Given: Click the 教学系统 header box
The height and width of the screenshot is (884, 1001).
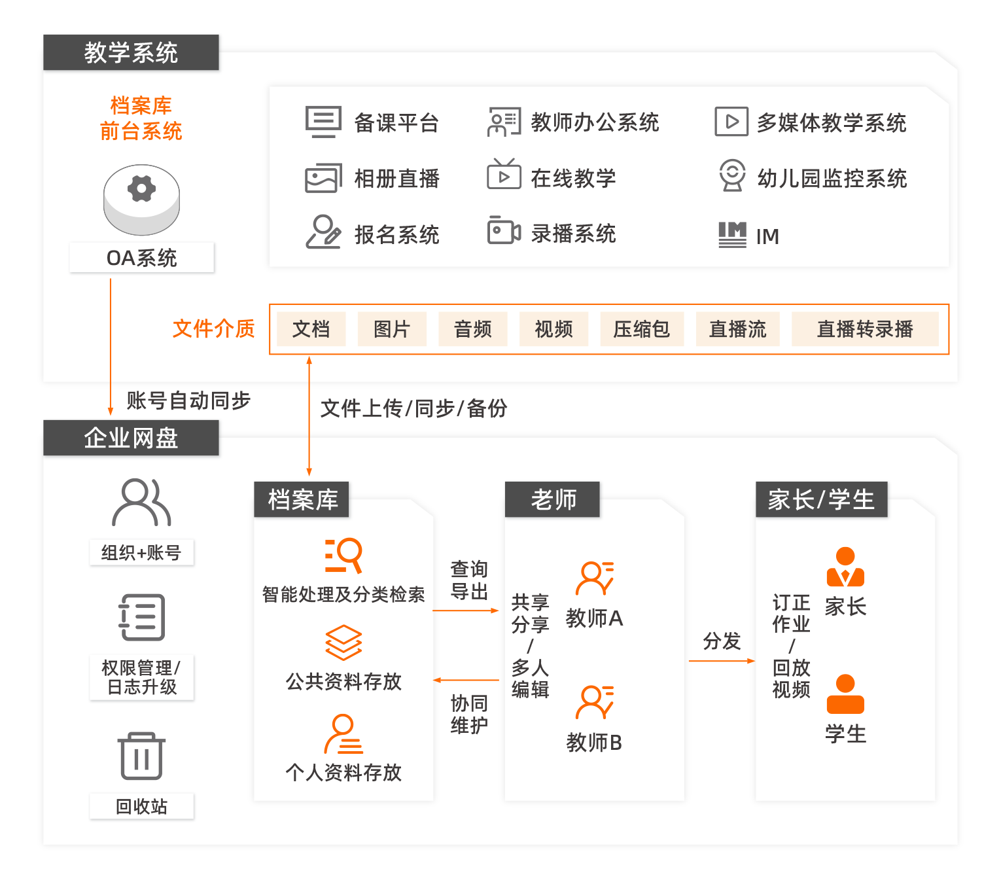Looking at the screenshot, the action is coord(131,52).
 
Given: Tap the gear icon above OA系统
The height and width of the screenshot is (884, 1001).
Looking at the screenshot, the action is coord(141,189).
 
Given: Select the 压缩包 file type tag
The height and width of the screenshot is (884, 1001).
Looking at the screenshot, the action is coord(641,329).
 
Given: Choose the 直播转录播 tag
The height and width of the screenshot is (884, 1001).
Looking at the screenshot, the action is coord(864,329).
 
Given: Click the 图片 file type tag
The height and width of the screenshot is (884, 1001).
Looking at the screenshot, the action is coord(391,329).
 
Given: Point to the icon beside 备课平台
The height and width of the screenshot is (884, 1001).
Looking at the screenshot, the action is coord(323,122).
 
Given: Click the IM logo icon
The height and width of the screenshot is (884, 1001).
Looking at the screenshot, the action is coord(732,234).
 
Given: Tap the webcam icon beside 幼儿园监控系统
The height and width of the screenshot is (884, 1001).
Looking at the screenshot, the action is coord(732,175).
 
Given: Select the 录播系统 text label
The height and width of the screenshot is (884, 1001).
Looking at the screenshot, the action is coord(573,234).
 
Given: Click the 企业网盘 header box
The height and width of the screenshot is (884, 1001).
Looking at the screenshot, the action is coord(131,438).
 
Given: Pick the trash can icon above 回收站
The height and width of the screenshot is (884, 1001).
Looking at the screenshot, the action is coord(141,756).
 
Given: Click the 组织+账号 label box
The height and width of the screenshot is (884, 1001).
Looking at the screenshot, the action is coord(141,553).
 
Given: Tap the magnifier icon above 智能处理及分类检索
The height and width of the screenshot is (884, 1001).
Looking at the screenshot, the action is coord(343,556).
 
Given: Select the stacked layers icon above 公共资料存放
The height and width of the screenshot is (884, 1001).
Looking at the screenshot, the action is coord(343,643).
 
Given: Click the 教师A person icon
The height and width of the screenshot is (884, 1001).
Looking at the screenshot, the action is coord(594,578).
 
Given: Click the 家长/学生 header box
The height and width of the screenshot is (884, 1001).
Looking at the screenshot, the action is coord(821,500).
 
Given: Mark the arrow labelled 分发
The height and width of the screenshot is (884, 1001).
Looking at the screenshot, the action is coord(721,661).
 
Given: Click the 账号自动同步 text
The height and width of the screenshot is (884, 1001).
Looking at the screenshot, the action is coord(188,400).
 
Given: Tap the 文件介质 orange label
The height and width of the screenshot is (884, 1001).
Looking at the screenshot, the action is coord(213,328).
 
